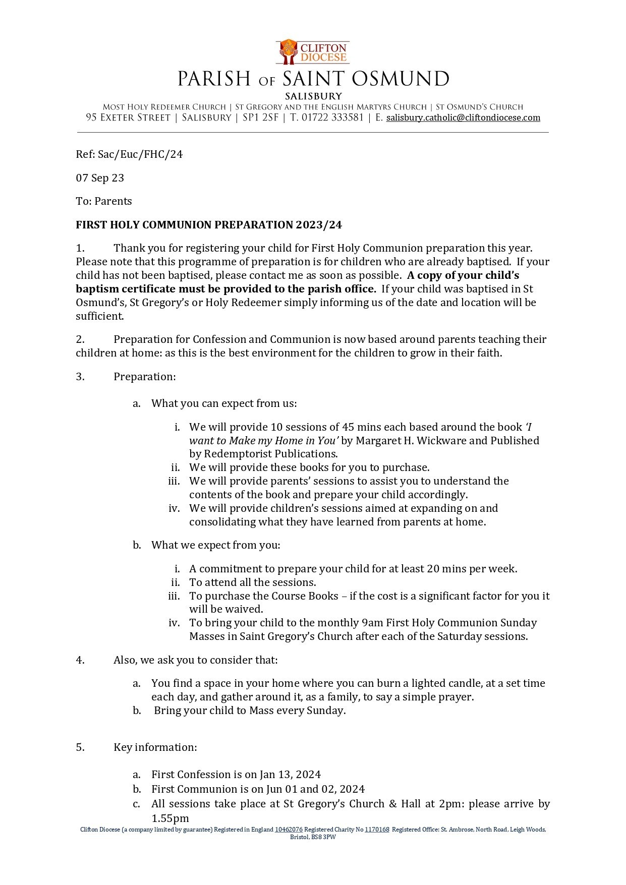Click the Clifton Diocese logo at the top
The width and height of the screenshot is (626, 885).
[313, 52]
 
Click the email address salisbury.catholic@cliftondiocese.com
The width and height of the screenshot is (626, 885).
[463, 118]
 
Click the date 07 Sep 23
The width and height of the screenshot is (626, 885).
[100, 178]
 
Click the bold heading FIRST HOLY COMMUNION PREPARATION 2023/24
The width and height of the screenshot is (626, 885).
[209, 225]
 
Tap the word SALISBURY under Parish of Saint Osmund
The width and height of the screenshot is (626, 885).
[313, 96]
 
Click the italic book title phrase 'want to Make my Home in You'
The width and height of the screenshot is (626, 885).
[263, 441]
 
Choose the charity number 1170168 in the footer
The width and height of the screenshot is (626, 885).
[377, 830]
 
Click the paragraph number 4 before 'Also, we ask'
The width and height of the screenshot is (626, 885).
[80, 660]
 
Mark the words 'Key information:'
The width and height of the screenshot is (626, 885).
[155, 747]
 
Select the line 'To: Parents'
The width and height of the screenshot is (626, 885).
[104, 201]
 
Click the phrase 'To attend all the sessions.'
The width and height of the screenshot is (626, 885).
[252, 582]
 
